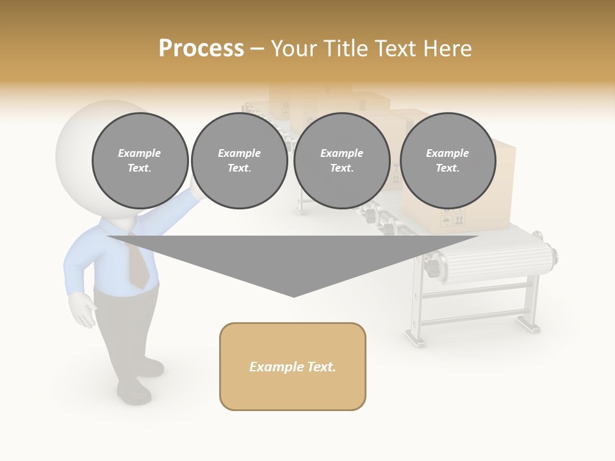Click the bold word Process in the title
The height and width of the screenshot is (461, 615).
[201, 48]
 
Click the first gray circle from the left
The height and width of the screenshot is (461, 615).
[140, 161]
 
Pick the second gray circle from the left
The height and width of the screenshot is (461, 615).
[240, 161]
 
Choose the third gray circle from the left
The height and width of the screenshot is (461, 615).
[341, 161]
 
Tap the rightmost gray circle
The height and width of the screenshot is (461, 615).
[447, 161]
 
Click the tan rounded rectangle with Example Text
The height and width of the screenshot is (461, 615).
[293, 366]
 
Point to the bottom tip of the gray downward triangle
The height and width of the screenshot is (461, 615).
[293, 295]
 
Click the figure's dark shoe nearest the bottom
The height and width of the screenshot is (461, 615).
[133, 391]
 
